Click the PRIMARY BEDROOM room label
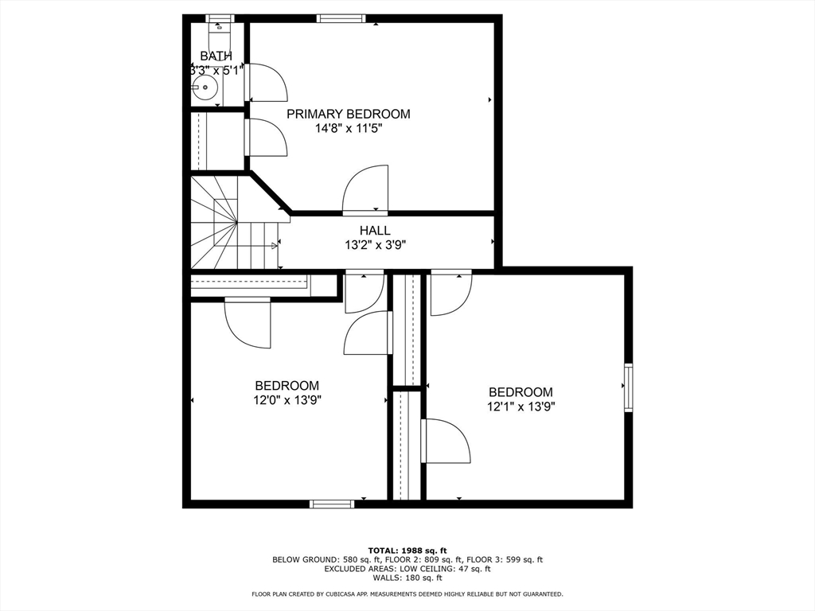click(x=349, y=114)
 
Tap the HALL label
click(x=375, y=230)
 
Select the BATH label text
click(x=216, y=56)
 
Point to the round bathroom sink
click(x=205, y=88)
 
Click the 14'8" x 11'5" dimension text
click(x=349, y=128)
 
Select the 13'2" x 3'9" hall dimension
click(x=375, y=245)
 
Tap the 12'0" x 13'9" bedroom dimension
click(x=287, y=401)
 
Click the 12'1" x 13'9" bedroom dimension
click(x=521, y=407)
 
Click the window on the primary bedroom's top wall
click(x=341, y=19)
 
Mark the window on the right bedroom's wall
click(x=629, y=387)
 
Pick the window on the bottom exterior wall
click(x=332, y=504)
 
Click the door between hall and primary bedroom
click(x=365, y=190)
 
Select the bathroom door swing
click(x=266, y=82)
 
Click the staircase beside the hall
click(x=234, y=223)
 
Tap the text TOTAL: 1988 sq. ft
click(x=407, y=551)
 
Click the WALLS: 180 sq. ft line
click(x=407, y=578)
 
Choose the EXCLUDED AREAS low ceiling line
click(x=407, y=569)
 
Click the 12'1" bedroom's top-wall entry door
click(x=451, y=293)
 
